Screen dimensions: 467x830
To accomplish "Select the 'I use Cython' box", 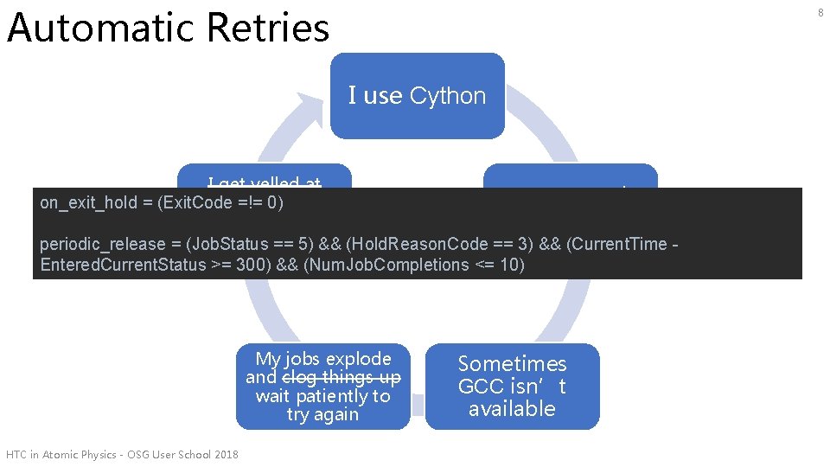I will [417, 95].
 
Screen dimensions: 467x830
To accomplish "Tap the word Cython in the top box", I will [448, 96].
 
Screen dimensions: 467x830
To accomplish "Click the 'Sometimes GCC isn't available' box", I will [512, 386].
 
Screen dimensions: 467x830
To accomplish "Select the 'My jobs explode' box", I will [323, 386].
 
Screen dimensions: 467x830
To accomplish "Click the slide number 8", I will [820, 10].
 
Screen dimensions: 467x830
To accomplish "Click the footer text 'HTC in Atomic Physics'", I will [66, 455].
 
